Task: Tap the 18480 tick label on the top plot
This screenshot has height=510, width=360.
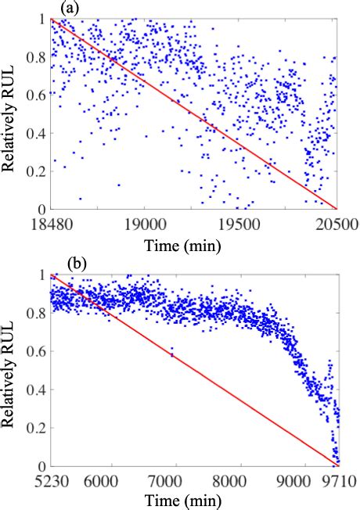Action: [x=50, y=222]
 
